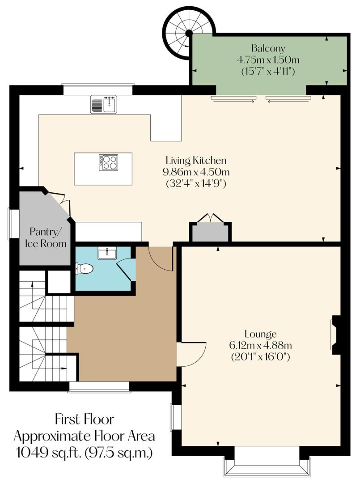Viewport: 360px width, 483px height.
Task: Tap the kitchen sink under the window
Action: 103,104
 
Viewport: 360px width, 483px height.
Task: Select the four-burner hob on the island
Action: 108,162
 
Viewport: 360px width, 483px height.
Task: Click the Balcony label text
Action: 268,48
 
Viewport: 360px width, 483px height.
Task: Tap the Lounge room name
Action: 261,334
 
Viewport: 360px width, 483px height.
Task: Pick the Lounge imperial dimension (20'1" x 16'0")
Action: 261,357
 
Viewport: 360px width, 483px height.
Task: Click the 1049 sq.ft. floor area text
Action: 84,452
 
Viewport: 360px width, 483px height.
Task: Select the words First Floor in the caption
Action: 84,419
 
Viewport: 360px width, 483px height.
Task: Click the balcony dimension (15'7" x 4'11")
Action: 268,71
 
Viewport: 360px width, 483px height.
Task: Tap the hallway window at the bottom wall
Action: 99,387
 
